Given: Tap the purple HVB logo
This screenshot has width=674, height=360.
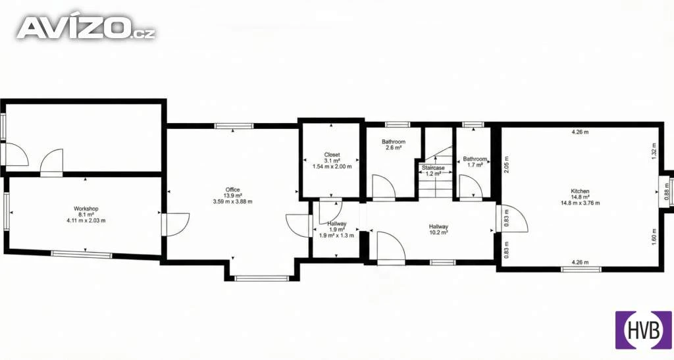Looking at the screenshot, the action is tap(644, 330).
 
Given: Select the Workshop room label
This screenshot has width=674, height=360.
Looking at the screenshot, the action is tap(86, 215).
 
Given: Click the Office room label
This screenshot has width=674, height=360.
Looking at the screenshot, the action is tap(232, 195).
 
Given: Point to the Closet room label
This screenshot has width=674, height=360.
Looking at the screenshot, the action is tap(332, 160).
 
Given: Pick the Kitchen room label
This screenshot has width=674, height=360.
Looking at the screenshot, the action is tap(580, 197).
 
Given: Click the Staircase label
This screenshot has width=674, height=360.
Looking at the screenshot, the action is tap(433, 171).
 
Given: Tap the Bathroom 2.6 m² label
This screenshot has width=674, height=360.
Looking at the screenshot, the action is tap(394, 145).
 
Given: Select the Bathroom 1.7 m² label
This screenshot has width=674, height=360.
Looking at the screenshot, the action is tap(475, 161).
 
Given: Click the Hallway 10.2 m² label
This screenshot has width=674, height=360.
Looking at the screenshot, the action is tap(438, 230).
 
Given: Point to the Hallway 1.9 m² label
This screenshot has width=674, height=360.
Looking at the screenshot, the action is tap(336, 230).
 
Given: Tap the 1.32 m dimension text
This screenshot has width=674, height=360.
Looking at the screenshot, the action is tap(654, 151).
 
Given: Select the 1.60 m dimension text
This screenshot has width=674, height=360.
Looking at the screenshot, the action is tap(654, 237).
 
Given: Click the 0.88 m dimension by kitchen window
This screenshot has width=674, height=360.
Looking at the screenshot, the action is tap(667, 192).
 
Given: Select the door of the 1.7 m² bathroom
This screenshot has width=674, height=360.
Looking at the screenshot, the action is tap(471, 188).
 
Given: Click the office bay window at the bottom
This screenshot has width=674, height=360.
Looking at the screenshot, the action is tap(261, 278).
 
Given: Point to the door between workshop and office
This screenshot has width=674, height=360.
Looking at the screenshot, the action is tap(175, 224).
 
